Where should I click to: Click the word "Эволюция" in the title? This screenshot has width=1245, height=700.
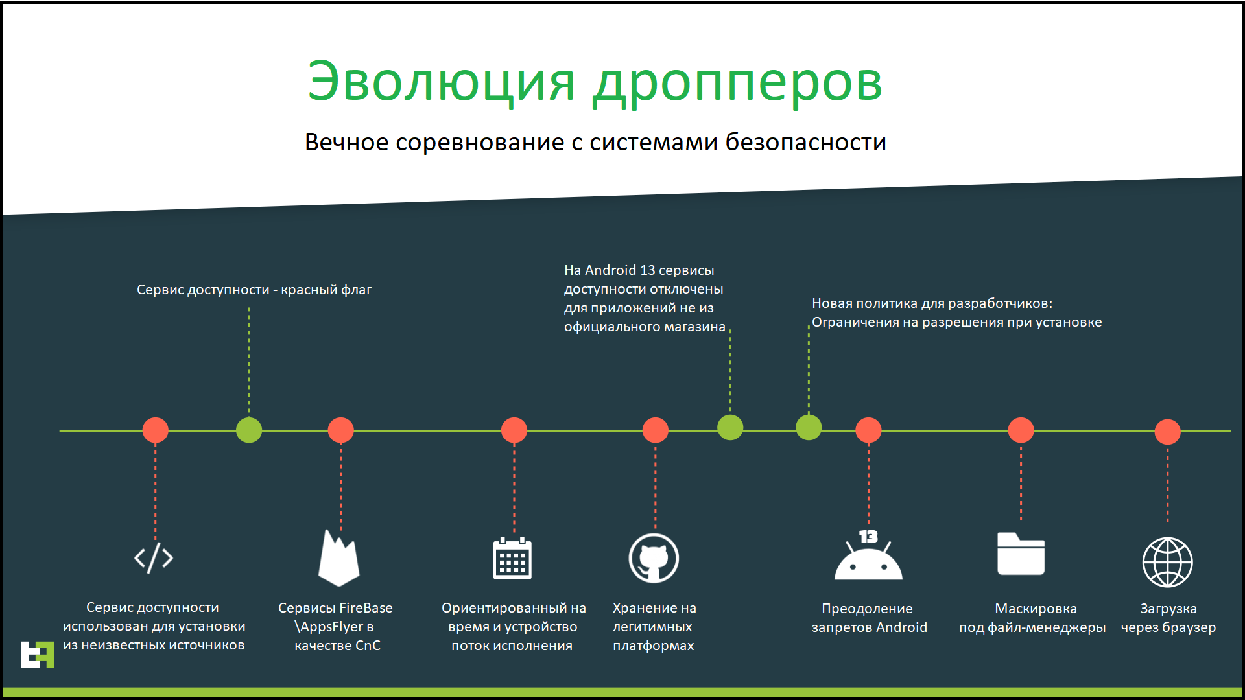[x=441, y=82]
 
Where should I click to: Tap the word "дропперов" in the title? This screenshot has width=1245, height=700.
[x=737, y=84]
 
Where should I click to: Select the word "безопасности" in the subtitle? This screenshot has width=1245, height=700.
[x=805, y=142]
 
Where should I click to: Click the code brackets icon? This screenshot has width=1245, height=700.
[x=154, y=557]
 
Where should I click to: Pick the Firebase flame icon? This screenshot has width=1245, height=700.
[x=338, y=558]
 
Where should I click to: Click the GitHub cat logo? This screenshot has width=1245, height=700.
[x=654, y=558]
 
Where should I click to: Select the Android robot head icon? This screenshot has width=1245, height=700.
[x=868, y=561]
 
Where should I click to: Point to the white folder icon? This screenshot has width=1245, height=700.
[x=1021, y=554]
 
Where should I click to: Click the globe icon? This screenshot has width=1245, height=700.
[x=1167, y=562]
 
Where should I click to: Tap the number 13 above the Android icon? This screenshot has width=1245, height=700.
[x=868, y=537]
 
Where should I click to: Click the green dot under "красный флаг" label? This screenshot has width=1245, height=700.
[x=249, y=430]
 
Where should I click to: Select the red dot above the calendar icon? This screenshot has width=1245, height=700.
[x=514, y=430]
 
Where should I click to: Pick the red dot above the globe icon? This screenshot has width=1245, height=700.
[x=1168, y=432]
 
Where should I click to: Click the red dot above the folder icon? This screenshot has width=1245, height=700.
[x=1021, y=430]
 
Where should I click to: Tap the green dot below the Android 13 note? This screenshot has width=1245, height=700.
[x=730, y=427]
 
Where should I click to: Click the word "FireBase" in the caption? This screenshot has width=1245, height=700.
[x=366, y=608]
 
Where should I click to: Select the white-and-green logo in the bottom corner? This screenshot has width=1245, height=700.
[x=38, y=655]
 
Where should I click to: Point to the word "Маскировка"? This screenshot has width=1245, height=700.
[x=1036, y=609]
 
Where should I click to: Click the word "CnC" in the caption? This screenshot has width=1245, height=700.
[x=368, y=646]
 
